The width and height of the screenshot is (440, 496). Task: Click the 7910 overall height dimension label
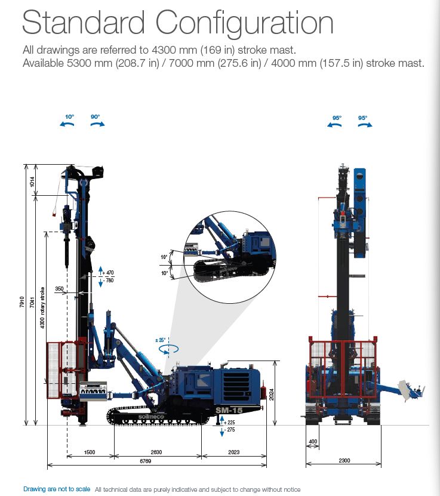click(21, 302)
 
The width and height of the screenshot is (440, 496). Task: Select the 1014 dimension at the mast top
click(32, 182)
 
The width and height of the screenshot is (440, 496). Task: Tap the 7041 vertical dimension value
click(32, 302)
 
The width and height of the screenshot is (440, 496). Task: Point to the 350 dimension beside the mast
click(59, 288)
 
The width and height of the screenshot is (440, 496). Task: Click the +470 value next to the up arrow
click(108, 273)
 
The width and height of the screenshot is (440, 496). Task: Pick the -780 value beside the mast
click(108, 281)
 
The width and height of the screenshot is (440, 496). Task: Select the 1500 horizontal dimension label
click(90, 452)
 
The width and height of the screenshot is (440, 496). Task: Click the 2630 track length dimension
click(156, 452)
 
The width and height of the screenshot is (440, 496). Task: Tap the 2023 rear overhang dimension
click(234, 452)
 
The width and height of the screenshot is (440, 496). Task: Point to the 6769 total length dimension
click(146, 461)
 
